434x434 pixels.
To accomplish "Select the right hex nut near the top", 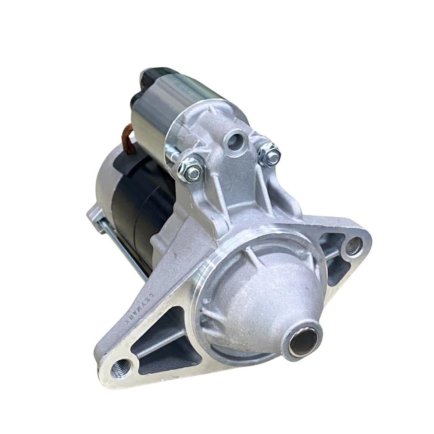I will (269, 155).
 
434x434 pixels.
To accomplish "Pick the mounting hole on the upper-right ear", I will (353, 247).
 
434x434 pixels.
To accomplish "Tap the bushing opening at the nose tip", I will (303, 342).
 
